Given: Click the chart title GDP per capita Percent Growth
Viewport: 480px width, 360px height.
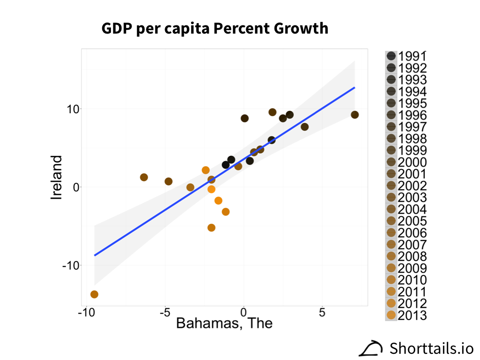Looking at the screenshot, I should click(215, 29).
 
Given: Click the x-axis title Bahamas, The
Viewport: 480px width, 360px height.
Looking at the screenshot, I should click(224, 323).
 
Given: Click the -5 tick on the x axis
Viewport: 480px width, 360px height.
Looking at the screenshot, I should click(165, 312).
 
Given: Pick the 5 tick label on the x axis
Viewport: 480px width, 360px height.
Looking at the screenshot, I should click(322, 312).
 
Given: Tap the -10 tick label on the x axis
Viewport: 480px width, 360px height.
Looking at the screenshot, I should click(86, 312).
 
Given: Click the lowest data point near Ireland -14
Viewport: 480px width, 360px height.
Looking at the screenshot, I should click(94, 294).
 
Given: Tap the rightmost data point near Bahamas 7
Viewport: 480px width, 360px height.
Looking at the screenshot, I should click(355, 115).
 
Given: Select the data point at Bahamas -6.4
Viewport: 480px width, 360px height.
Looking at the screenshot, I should click(144, 177).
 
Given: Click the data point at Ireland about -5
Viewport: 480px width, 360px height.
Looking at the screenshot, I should click(211, 228).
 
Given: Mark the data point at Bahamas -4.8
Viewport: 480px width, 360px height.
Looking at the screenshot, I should click(168, 181).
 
